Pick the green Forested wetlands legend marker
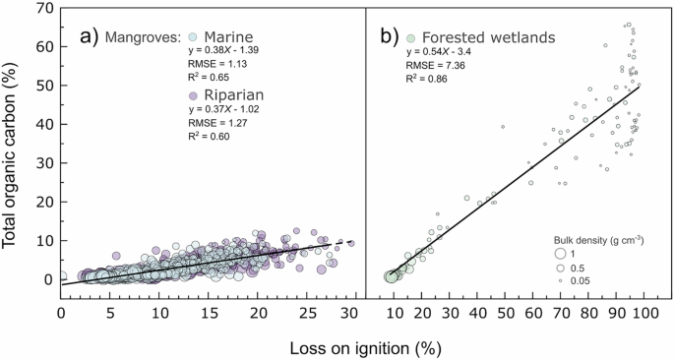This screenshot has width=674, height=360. (x=412, y=38)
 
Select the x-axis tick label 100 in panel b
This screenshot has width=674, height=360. (x=646, y=314)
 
